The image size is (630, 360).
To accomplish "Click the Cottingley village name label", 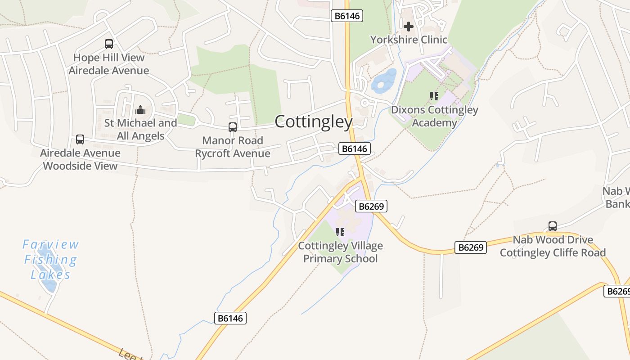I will coord(313,121).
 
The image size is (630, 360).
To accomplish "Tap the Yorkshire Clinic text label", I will coord(409,40).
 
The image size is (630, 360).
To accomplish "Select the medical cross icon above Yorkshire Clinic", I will coord(408,27).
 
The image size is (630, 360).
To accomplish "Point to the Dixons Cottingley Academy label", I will coord(434,116).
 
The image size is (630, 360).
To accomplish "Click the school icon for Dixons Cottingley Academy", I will coord(434,96).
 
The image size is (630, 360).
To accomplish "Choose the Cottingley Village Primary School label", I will coord(341,252).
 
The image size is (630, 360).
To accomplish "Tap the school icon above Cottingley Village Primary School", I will coord(340,232).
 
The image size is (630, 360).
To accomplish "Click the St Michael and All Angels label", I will coord(140,129).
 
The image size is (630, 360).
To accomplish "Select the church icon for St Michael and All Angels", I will coord(140,110).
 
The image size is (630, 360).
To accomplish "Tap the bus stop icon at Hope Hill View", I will coord(109,44).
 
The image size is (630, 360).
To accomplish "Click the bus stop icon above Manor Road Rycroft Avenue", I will coord(233,127).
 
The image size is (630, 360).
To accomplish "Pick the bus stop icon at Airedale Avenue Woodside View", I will coord(80,139).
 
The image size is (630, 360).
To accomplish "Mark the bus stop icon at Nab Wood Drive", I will coord(553,226).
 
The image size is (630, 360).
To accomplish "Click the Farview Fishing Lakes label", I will coord(50,260).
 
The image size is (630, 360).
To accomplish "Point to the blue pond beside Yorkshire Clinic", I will coord(383,81).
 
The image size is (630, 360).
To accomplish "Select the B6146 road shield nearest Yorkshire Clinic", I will coord(346,16).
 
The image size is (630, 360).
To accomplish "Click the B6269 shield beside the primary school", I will coord(371,207).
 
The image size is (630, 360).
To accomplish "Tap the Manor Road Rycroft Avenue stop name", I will coord(233,147).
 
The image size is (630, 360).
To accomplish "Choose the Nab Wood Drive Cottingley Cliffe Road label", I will coord(553,246).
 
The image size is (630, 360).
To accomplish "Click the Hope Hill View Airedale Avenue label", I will coord(109,64).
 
